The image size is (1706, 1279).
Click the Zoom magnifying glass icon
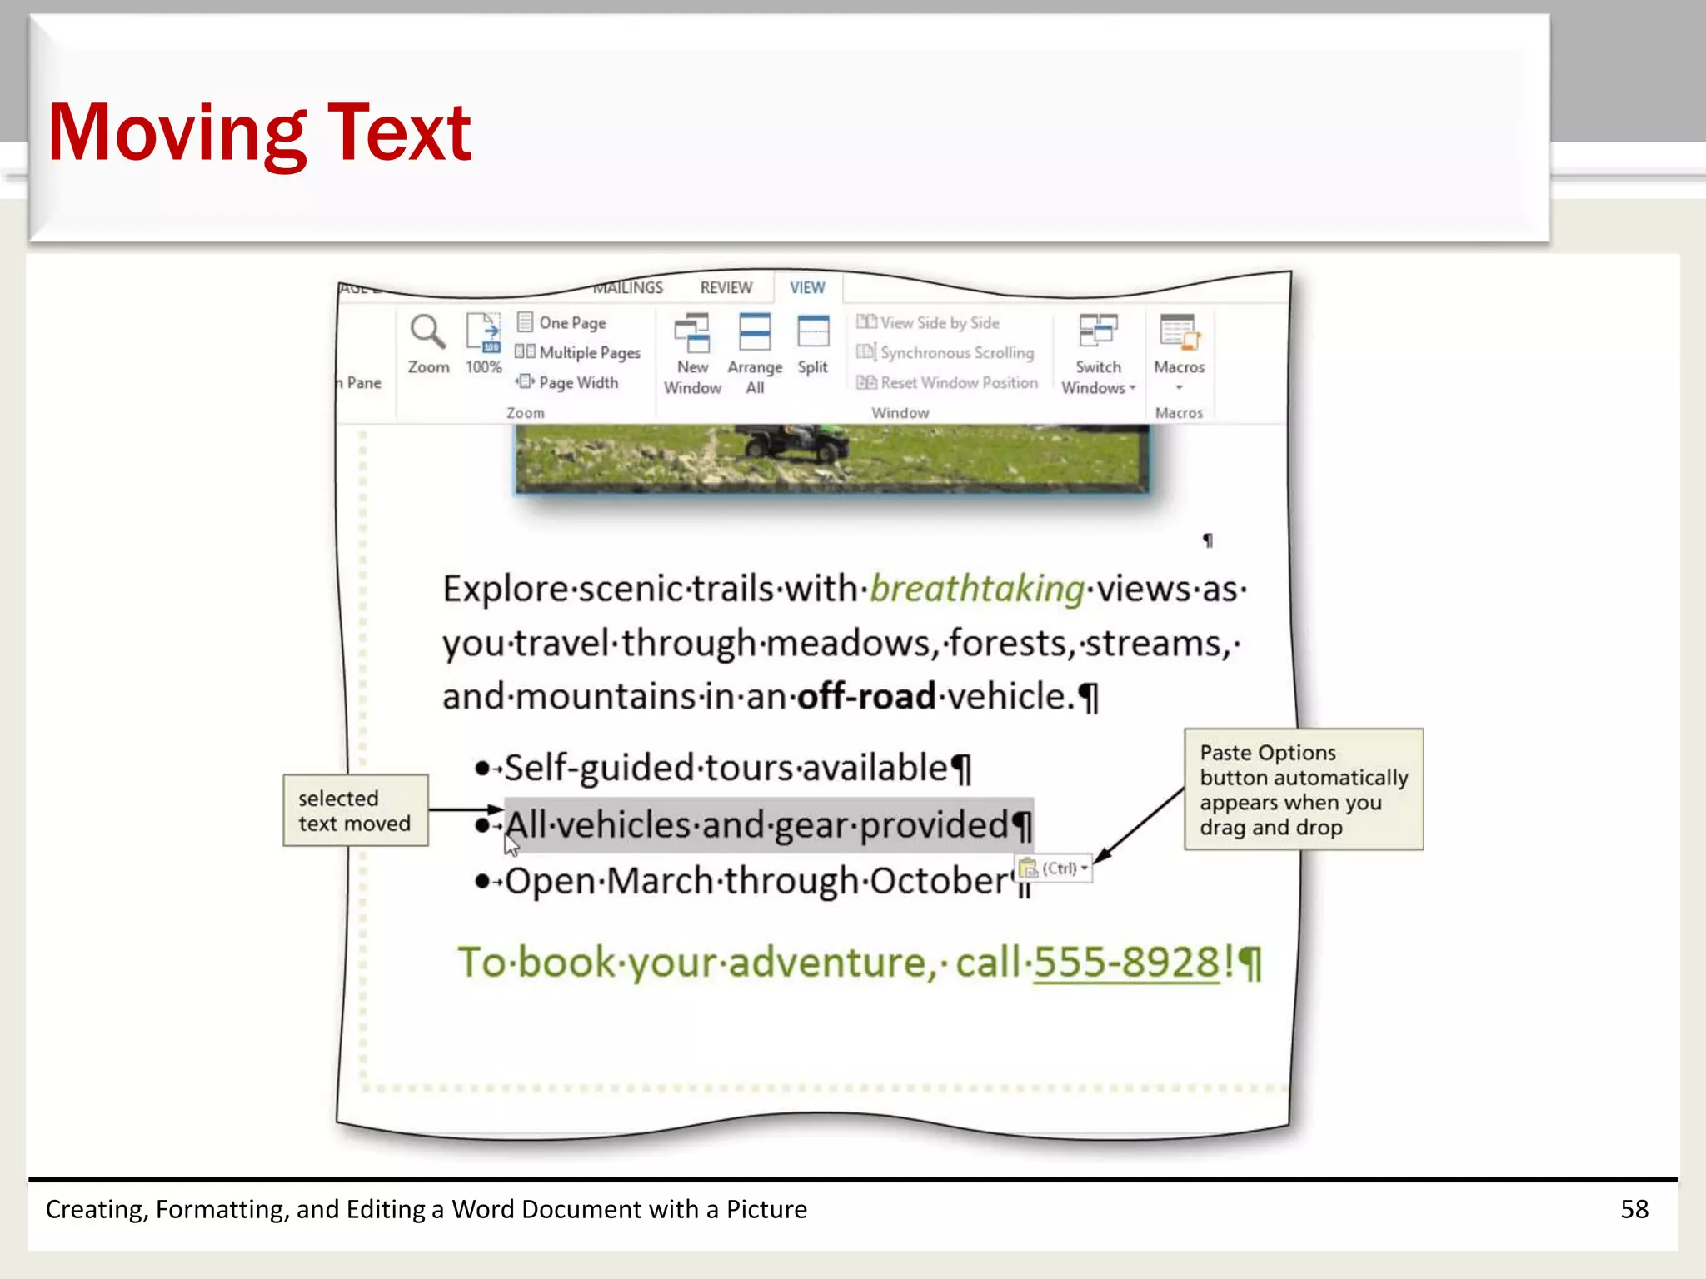[427, 331]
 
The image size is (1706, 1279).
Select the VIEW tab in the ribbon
[807, 287]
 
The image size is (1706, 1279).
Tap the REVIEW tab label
[726, 287]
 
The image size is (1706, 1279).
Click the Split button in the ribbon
[812, 333]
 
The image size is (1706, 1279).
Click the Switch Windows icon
[1098, 331]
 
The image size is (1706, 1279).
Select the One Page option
[571, 322]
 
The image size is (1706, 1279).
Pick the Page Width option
[577, 382]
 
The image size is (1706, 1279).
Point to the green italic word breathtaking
[977, 590]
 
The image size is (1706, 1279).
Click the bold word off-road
[866, 697]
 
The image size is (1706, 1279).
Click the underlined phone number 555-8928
[1126, 963]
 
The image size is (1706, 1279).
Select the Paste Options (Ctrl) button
[1054, 868]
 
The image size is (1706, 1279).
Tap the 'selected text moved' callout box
[356, 810]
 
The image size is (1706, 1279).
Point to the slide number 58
[1634, 1209]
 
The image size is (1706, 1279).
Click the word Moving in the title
[177, 133]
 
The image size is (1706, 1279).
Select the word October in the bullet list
[940, 881]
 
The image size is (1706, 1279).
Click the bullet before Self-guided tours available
[481, 768]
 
